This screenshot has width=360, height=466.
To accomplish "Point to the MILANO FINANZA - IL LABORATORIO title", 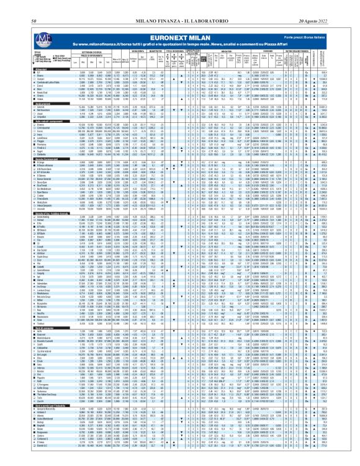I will click(x=179, y=6).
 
